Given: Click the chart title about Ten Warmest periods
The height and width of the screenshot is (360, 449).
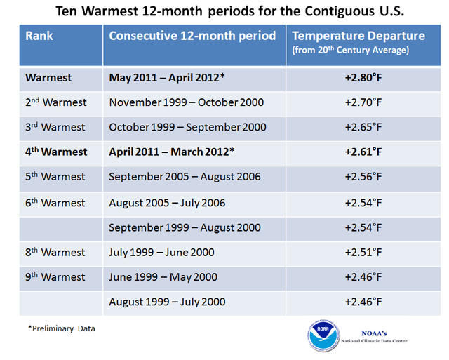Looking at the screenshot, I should [x=224, y=12].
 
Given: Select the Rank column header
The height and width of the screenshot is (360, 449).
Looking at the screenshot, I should [x=40, y=36].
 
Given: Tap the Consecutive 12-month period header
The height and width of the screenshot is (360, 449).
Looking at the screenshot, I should [x=193, y=36].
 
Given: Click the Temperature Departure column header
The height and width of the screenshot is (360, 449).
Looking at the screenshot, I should [x=358, y=41].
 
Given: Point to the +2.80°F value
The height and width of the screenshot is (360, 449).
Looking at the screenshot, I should [x=363, y=77].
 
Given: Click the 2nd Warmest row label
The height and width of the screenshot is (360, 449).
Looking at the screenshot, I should [x=56, y=102].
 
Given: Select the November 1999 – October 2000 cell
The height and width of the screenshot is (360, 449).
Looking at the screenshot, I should [x=187, y=102].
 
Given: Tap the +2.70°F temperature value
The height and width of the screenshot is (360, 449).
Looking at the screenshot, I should [x=363, y=102].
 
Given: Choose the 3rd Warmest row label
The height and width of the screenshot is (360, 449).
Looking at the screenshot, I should [x=55, y=127].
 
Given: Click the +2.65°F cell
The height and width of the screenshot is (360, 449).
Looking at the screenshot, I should [x=363, y=127].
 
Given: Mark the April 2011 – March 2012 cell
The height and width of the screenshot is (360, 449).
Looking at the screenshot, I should [x=172, y=152].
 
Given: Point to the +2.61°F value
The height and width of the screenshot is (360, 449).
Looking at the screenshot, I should [x=363, y=152].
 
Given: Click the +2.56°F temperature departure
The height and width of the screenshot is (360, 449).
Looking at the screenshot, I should [x=363, y=177].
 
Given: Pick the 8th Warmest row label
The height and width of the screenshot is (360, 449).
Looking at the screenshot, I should [x=55, y=252].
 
